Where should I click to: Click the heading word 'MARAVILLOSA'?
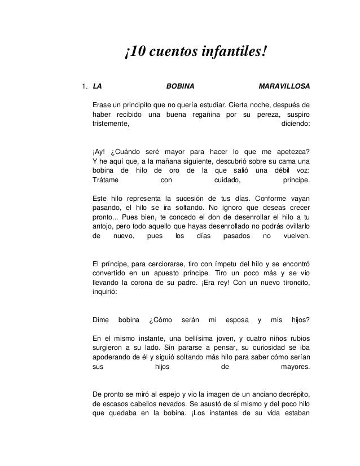point(283,87)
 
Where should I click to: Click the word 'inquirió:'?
point(106,292)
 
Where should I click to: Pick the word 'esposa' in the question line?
point(234,320)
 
